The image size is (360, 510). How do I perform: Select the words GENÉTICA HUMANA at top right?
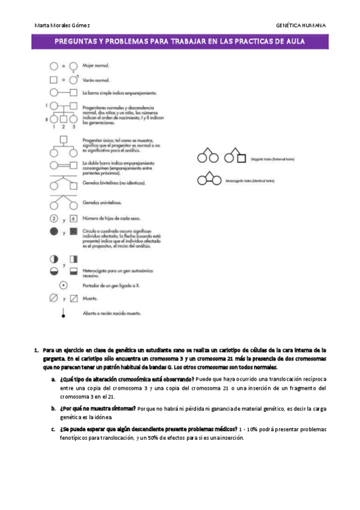[301, 26]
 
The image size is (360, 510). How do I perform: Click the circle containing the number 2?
[53, 218]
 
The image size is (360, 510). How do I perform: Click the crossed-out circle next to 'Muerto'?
[53, 298]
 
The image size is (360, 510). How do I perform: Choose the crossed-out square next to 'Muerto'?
[73, 298]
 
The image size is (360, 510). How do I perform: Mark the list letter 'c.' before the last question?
[53, 429]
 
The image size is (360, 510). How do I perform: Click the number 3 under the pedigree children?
[73, 127]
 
